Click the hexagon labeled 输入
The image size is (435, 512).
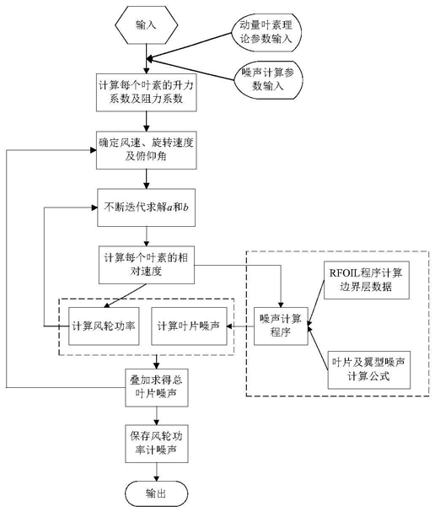coord(147,24)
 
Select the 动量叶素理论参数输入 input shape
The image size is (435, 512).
coord(266,32)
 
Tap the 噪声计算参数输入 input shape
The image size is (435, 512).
coord(268,79)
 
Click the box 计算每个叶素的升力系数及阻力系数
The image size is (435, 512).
coord(146,93)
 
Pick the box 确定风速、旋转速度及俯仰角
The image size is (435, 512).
coord(146,150)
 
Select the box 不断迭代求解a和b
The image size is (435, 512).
coord(146,207)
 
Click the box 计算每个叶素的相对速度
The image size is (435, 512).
coord(147,265)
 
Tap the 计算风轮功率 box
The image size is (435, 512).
coord(104,326)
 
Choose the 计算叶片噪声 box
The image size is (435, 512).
coord(189,326)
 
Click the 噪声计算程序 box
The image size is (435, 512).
coord(281,326)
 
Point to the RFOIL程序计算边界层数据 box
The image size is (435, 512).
coord(367,280)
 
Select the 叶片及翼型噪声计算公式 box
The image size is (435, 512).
coord(368,370)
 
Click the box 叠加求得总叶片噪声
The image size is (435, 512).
coord(157,388)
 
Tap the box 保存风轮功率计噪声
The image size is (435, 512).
coord(157,444)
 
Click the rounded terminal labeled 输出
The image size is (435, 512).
coord(157,493)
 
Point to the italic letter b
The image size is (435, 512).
coord(185,207)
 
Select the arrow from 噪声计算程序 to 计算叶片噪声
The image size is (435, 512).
coord(240,326)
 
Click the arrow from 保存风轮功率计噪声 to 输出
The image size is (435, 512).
coord(157,472)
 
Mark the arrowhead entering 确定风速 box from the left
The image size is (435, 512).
coord(94,150)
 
